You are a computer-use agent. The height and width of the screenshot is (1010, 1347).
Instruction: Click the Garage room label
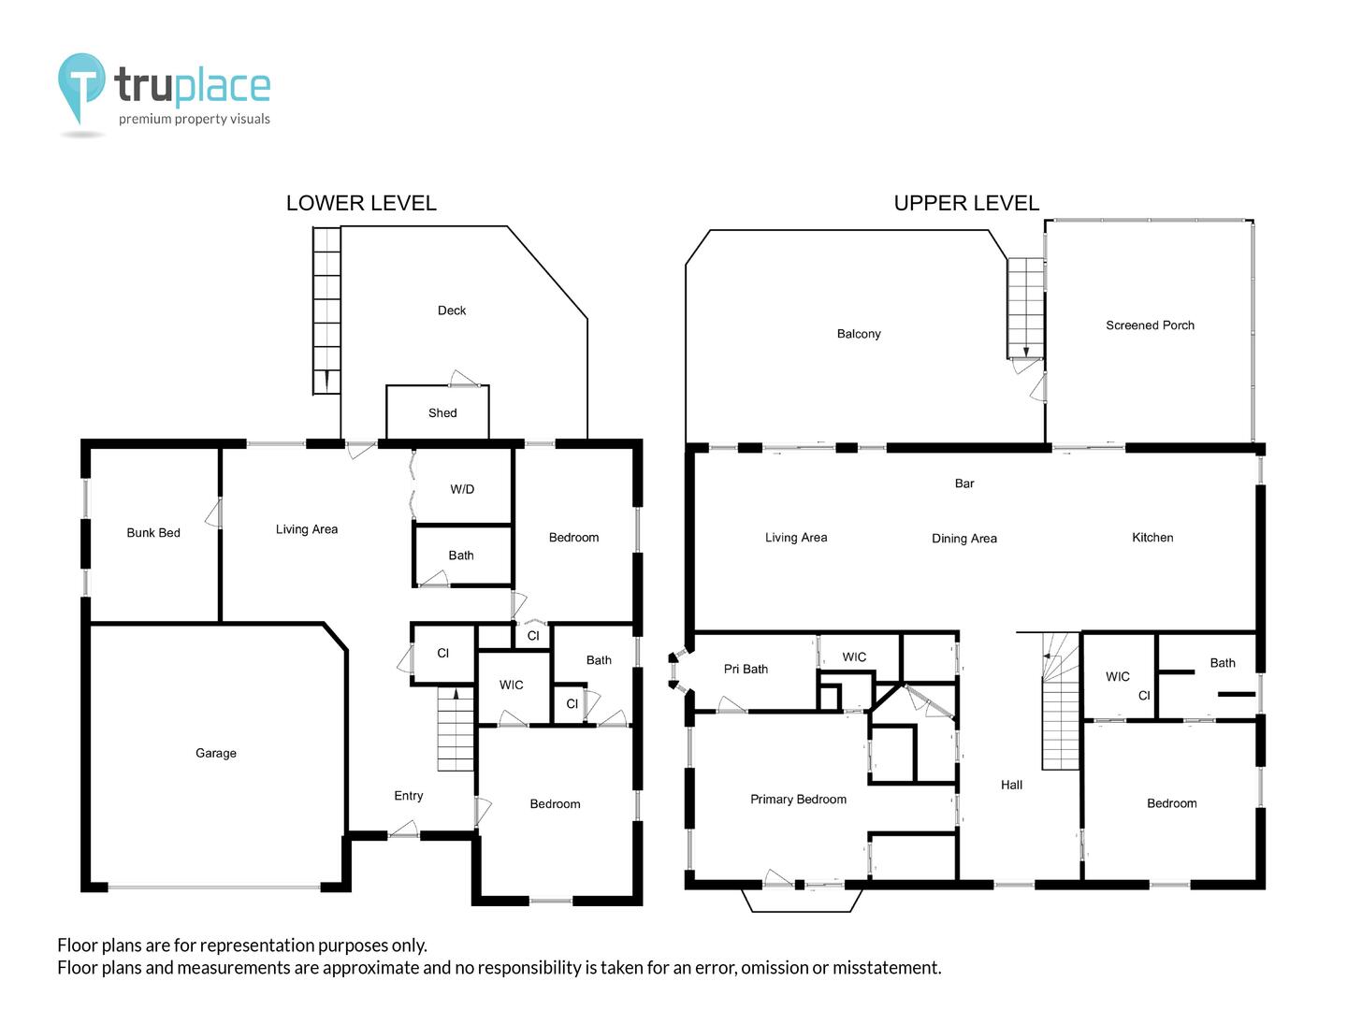215,753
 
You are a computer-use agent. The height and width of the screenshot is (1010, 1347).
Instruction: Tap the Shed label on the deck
442,412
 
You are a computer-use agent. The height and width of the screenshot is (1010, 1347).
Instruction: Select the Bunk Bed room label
153,532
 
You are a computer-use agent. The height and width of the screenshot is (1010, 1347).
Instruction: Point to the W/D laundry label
462,489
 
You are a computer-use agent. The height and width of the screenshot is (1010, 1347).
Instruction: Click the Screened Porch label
1150,325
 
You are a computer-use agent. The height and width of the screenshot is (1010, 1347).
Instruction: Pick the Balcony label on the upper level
859,334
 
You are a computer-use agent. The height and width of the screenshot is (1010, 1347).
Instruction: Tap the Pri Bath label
746,669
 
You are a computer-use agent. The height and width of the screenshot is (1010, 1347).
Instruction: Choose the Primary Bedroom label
798,799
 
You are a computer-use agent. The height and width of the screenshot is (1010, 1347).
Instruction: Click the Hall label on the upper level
1011,785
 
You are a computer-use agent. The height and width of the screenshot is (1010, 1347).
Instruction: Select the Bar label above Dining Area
964,483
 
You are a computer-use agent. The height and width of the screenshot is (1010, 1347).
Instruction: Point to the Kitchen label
1151,537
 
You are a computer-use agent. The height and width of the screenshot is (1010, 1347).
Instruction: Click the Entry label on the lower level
408,795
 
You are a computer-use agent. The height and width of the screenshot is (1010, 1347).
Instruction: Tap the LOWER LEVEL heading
361,203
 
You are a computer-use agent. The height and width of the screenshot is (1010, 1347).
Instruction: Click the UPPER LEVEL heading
966,203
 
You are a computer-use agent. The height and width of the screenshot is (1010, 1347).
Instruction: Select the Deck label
451,310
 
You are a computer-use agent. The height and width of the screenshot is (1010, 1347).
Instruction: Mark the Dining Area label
964,539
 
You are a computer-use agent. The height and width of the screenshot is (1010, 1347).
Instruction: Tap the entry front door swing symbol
404,829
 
